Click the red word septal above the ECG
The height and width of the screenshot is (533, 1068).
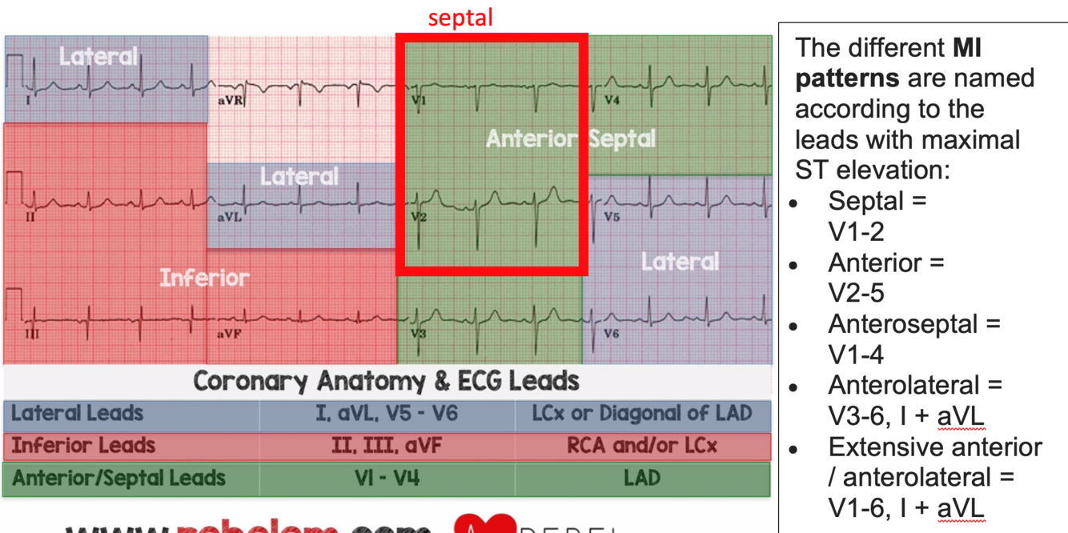(x=460, y=18)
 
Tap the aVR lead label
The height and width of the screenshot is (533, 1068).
(x=231, y=101)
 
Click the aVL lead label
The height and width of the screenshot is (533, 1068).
(x=230, y=217)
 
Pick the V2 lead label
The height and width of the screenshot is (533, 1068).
(x=419, y=217)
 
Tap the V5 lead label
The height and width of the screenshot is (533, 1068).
(x=612, y=217)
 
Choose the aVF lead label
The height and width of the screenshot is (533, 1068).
(x=229, y=334)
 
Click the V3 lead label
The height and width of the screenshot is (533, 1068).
(x=419, y=334)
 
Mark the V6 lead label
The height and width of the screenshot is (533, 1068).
(x=612, y=334)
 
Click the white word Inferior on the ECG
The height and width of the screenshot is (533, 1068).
(x=204, y=278)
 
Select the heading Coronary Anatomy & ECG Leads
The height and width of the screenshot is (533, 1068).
(x=387, y=381)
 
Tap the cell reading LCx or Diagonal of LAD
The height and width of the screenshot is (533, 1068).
(x=642, y=414)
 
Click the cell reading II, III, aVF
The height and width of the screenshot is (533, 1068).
(x=387, y=446)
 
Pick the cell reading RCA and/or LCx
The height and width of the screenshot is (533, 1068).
(x=642, y=446)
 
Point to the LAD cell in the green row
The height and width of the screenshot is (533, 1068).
(x=642, y=479)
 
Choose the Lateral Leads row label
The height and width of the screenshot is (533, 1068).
(x=78, y=414)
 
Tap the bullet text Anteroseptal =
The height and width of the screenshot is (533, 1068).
(x=914, y=324)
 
